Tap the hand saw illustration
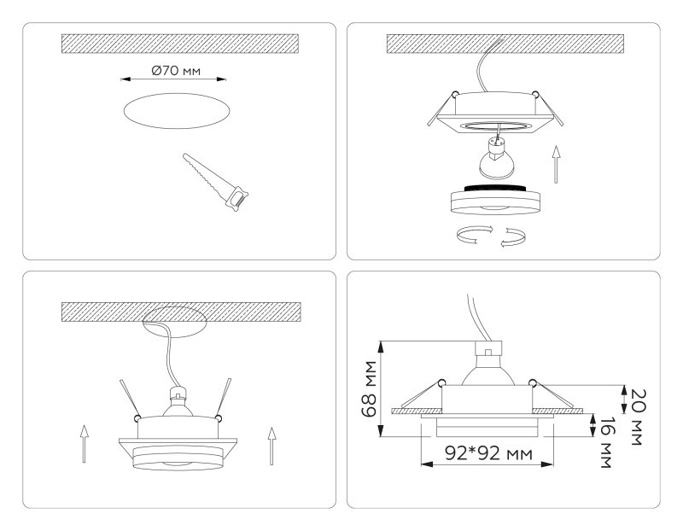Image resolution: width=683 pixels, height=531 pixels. pyautogui.click(x=215, y=182)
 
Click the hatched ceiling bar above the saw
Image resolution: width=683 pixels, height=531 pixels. pyautogui.click(x=179, y=44)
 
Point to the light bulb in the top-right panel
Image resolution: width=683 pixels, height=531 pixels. pyautogui.click(x=493, y=159)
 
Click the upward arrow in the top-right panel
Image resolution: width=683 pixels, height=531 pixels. pyautogui.click(x=556, y=164)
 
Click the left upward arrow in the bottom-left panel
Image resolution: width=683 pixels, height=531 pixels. pyautogui.click(x=83, y=443)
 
